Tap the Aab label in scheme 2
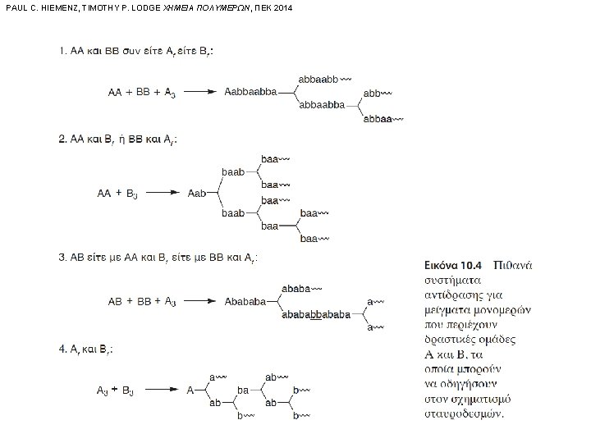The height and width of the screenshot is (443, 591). click(198, 194)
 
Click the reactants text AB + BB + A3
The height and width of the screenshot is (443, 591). click(141, 300)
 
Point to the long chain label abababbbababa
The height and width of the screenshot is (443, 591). click(315, 314)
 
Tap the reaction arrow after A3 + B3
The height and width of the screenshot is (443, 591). click(163, 390)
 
